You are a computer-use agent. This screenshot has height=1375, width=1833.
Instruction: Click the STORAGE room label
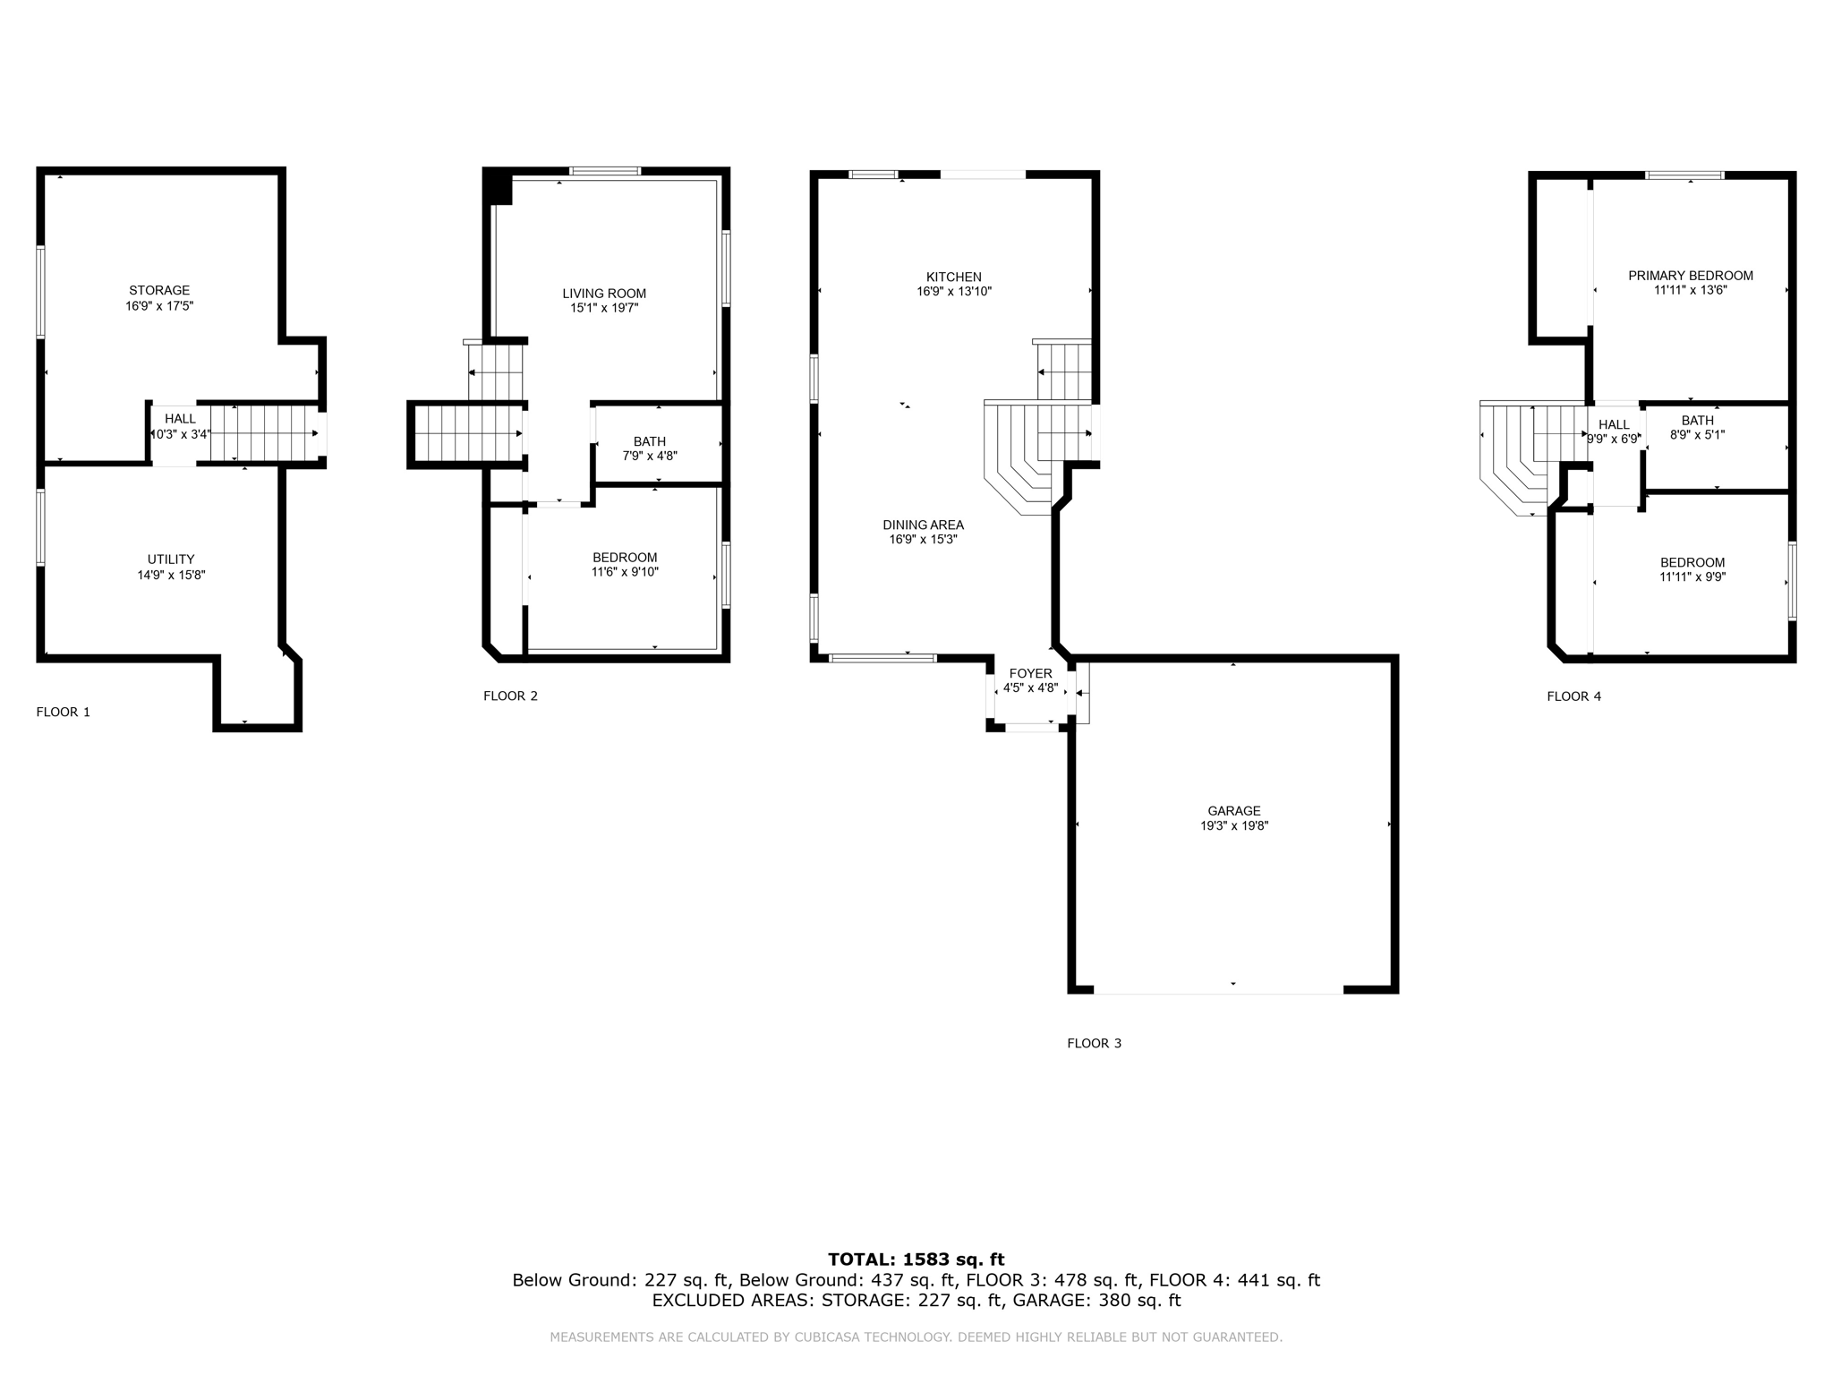(x=159, y=290)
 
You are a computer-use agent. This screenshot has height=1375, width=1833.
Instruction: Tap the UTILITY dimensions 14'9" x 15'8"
(x=171, y=575)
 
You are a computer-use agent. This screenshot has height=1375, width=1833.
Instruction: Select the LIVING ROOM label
(x=604, y=294)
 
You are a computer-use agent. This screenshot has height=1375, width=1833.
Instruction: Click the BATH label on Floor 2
(x=650, y=441)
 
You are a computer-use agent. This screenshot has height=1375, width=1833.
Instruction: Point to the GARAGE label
(x=1234, y=811)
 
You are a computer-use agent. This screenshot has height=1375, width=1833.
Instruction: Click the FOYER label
(x=1031, y=673)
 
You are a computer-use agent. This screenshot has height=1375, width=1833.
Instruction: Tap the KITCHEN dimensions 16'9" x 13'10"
(x=954, y=292)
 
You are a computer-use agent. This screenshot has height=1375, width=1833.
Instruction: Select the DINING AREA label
(x=923, y=525)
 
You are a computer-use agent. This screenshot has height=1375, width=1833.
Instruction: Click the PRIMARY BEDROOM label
(x=1691, y=276)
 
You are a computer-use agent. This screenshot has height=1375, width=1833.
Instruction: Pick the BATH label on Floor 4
(x=1698, y=421)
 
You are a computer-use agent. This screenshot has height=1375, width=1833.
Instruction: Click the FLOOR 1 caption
(x=64, y=712)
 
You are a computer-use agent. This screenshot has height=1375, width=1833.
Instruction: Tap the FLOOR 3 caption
(x=1094, y=1043)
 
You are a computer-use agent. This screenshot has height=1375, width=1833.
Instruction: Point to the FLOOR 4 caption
(x=1574, y=696)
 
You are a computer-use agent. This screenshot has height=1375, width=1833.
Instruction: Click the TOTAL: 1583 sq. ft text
(x=916, y=1260)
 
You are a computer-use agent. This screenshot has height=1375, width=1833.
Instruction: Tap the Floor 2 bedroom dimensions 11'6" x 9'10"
(x=625, y=572)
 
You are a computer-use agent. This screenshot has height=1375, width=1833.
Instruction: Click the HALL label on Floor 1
(x=180, y=419)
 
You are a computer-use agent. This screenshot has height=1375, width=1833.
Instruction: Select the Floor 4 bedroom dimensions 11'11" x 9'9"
(x=1692, y=577)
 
